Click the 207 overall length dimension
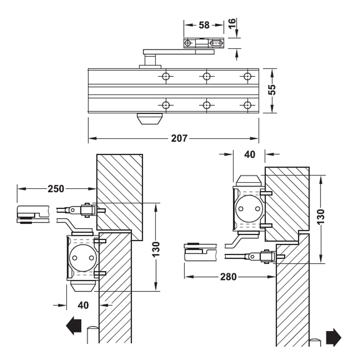(x=179, y=138)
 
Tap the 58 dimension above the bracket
(x=204, y=25)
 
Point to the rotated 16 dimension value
(x=232, y=23)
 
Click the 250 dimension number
(x=56, y=188)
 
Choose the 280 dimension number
(x=228, y=276)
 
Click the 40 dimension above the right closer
(x=249, y=154)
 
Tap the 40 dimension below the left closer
(x=83, y=305)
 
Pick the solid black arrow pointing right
(x=333, y=337)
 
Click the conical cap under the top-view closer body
(x=149, y=119)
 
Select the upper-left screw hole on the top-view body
(x=166, y=76)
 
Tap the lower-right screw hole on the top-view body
(x=247, y=105)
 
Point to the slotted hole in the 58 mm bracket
(x=216, y=43)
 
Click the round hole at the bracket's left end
(x=188, y=43)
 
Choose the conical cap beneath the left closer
(x=82, y=286)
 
